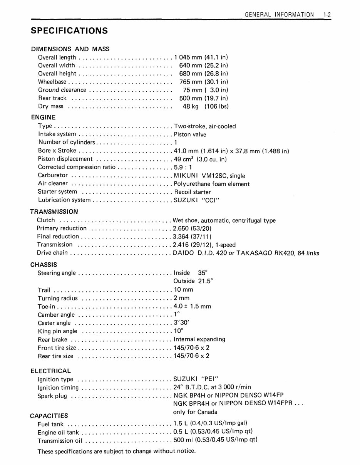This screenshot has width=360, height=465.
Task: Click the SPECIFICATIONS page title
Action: pyautogui.click(x=69, y=31)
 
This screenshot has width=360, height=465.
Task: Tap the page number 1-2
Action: pyautogui.click(x=327, y=15)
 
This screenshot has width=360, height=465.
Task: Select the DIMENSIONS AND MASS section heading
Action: pyautogui.click(x=70, y=49)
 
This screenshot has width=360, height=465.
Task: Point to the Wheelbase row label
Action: pyautogui.click(x=52, y=82)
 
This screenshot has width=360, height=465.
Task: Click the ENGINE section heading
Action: pyautogui.click(x=43, y=118)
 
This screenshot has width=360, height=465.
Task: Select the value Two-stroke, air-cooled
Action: pyautogui.click(x=205, y=126)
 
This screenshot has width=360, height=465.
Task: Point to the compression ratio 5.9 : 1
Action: pyautogui.click(x=183, y=167)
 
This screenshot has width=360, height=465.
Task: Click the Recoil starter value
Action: pyautogui.click(x=193, y=192)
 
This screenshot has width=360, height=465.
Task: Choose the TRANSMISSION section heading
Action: pyautogui.click(x=54, y=212)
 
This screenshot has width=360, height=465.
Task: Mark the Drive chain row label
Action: pyautogui.click(x=52, y=253)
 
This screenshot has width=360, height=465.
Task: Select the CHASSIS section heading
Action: pyautogui.click(x=44, y=265)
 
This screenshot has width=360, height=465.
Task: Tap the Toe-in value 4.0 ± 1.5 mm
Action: pyautogui.click(x=193, y=307)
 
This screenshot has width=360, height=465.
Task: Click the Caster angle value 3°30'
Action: pyautogui.click(x=182, y=323)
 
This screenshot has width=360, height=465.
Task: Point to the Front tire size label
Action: pyautogui.click(x=57, y=348)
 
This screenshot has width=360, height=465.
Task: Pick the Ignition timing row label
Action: pyautogui.click(x=58, y=388)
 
